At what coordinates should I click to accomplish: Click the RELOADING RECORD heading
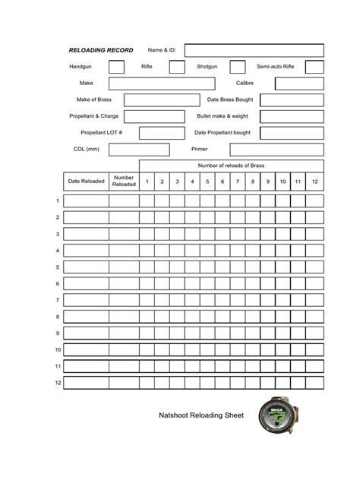click(101, 50)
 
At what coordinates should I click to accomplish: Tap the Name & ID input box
click(254, 50)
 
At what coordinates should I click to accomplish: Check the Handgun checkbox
click(116, 67)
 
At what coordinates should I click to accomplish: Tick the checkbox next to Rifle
click(176, 67)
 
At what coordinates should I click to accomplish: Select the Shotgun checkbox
click(238, 67)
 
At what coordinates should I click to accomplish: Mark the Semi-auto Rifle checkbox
click(314, 67)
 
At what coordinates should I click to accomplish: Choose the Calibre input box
click(292, 84)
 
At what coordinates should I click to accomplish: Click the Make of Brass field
click(161, 100)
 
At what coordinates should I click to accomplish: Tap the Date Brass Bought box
click(292, 100)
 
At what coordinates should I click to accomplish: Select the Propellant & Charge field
click(153, 117)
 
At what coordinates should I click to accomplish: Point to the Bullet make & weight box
click(292, 117)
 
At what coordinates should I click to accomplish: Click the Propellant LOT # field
click(161, 134)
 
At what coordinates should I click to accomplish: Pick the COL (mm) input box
click(139, 150)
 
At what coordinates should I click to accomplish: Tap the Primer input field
click(276, 150)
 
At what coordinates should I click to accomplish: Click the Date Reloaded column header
click(86, 182)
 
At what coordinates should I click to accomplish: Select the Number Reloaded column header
click(124, 182)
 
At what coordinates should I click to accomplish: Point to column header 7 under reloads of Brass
click(238, 182)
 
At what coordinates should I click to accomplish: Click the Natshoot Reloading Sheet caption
click(201, 415)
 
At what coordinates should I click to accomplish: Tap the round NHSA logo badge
click(274, 418)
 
